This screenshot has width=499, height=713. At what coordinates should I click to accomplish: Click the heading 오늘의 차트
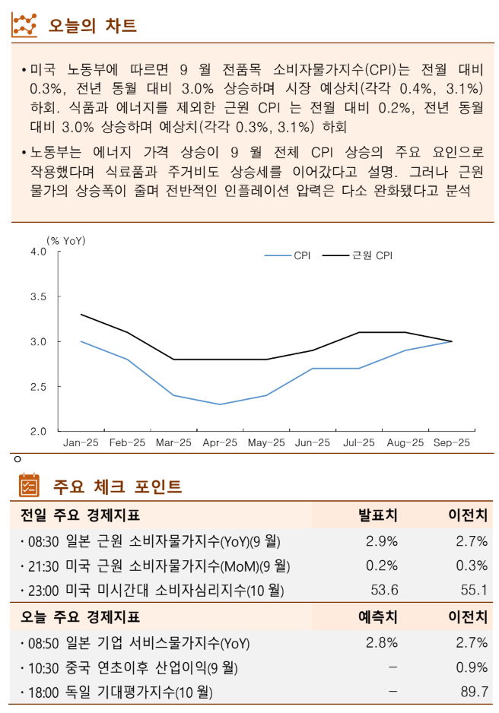[92, 26]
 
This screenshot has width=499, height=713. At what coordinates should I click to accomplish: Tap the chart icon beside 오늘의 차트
[24, 25]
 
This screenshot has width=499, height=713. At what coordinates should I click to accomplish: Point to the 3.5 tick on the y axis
[37, 296]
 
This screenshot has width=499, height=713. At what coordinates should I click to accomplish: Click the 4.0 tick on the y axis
[37, 252]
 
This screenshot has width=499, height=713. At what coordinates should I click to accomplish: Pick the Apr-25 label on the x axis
[220, 442]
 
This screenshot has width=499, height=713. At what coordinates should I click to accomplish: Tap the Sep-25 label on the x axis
[452, 442]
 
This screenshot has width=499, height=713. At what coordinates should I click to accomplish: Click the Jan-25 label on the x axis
[81, 442]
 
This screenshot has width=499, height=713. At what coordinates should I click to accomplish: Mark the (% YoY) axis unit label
[66, 241]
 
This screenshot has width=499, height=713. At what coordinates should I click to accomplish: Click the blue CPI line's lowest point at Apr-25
[220, 404]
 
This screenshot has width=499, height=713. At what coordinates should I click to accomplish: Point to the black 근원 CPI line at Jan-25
[81, 315]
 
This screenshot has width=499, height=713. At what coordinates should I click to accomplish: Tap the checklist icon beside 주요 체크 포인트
[28, 485]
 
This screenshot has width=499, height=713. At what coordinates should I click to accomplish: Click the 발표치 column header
[378, 516]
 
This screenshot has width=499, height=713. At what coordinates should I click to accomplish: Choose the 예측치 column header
[378, 617]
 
